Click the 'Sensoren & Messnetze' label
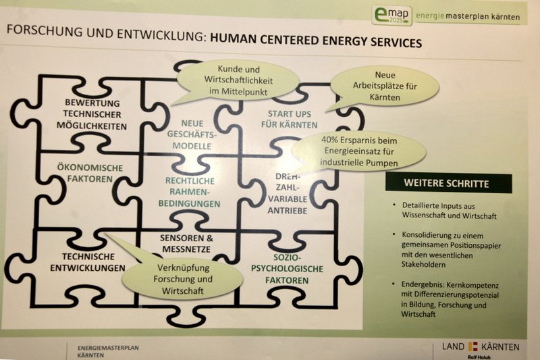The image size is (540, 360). (x=186, y=244)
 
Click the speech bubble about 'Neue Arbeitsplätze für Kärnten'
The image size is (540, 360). (x=385, y=87)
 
